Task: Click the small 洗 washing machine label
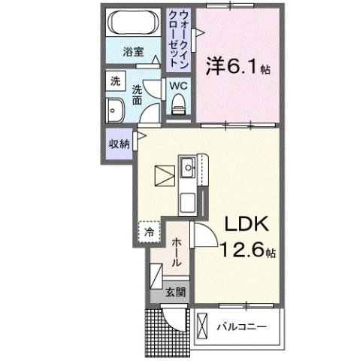116,80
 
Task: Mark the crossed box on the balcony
201,326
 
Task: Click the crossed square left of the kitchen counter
163,174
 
